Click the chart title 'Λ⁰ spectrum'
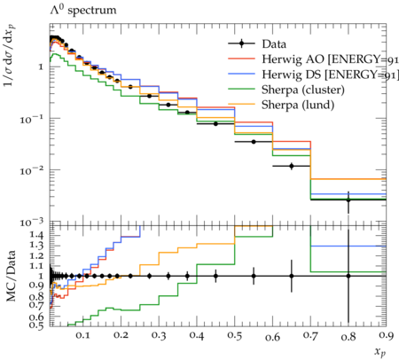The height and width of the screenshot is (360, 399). (83, 10)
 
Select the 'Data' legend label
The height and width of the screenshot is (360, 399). (274, 44)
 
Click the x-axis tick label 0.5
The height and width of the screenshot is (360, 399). (235, 336)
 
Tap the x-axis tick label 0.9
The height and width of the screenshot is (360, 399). (386, 336)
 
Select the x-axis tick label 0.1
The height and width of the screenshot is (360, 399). (83, 336)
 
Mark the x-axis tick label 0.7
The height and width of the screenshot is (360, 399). (310, 336)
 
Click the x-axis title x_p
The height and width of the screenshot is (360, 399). (380, 351)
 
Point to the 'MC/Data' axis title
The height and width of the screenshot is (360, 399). (11, 276)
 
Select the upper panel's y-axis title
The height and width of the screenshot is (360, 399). (10, 56)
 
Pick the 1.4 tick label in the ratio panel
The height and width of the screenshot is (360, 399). (36, 235)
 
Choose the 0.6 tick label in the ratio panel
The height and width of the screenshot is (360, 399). (36, 317)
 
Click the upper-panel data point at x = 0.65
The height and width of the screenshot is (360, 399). (292, 166)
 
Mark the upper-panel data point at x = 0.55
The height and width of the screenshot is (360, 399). (254, 142)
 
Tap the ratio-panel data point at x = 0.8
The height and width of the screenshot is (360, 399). (348, 276)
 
